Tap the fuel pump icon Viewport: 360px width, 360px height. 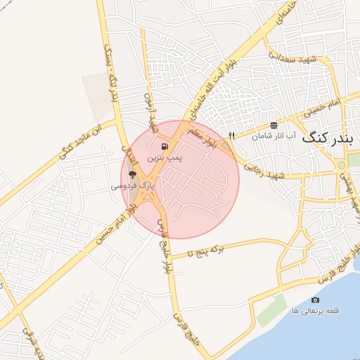pos(164,148)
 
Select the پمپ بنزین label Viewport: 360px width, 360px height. pos(164,160)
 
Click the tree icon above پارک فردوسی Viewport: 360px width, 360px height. pos(133,174)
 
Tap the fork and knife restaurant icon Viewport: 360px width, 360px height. pos(231,136)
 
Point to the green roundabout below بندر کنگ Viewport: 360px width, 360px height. pos(342,165)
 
